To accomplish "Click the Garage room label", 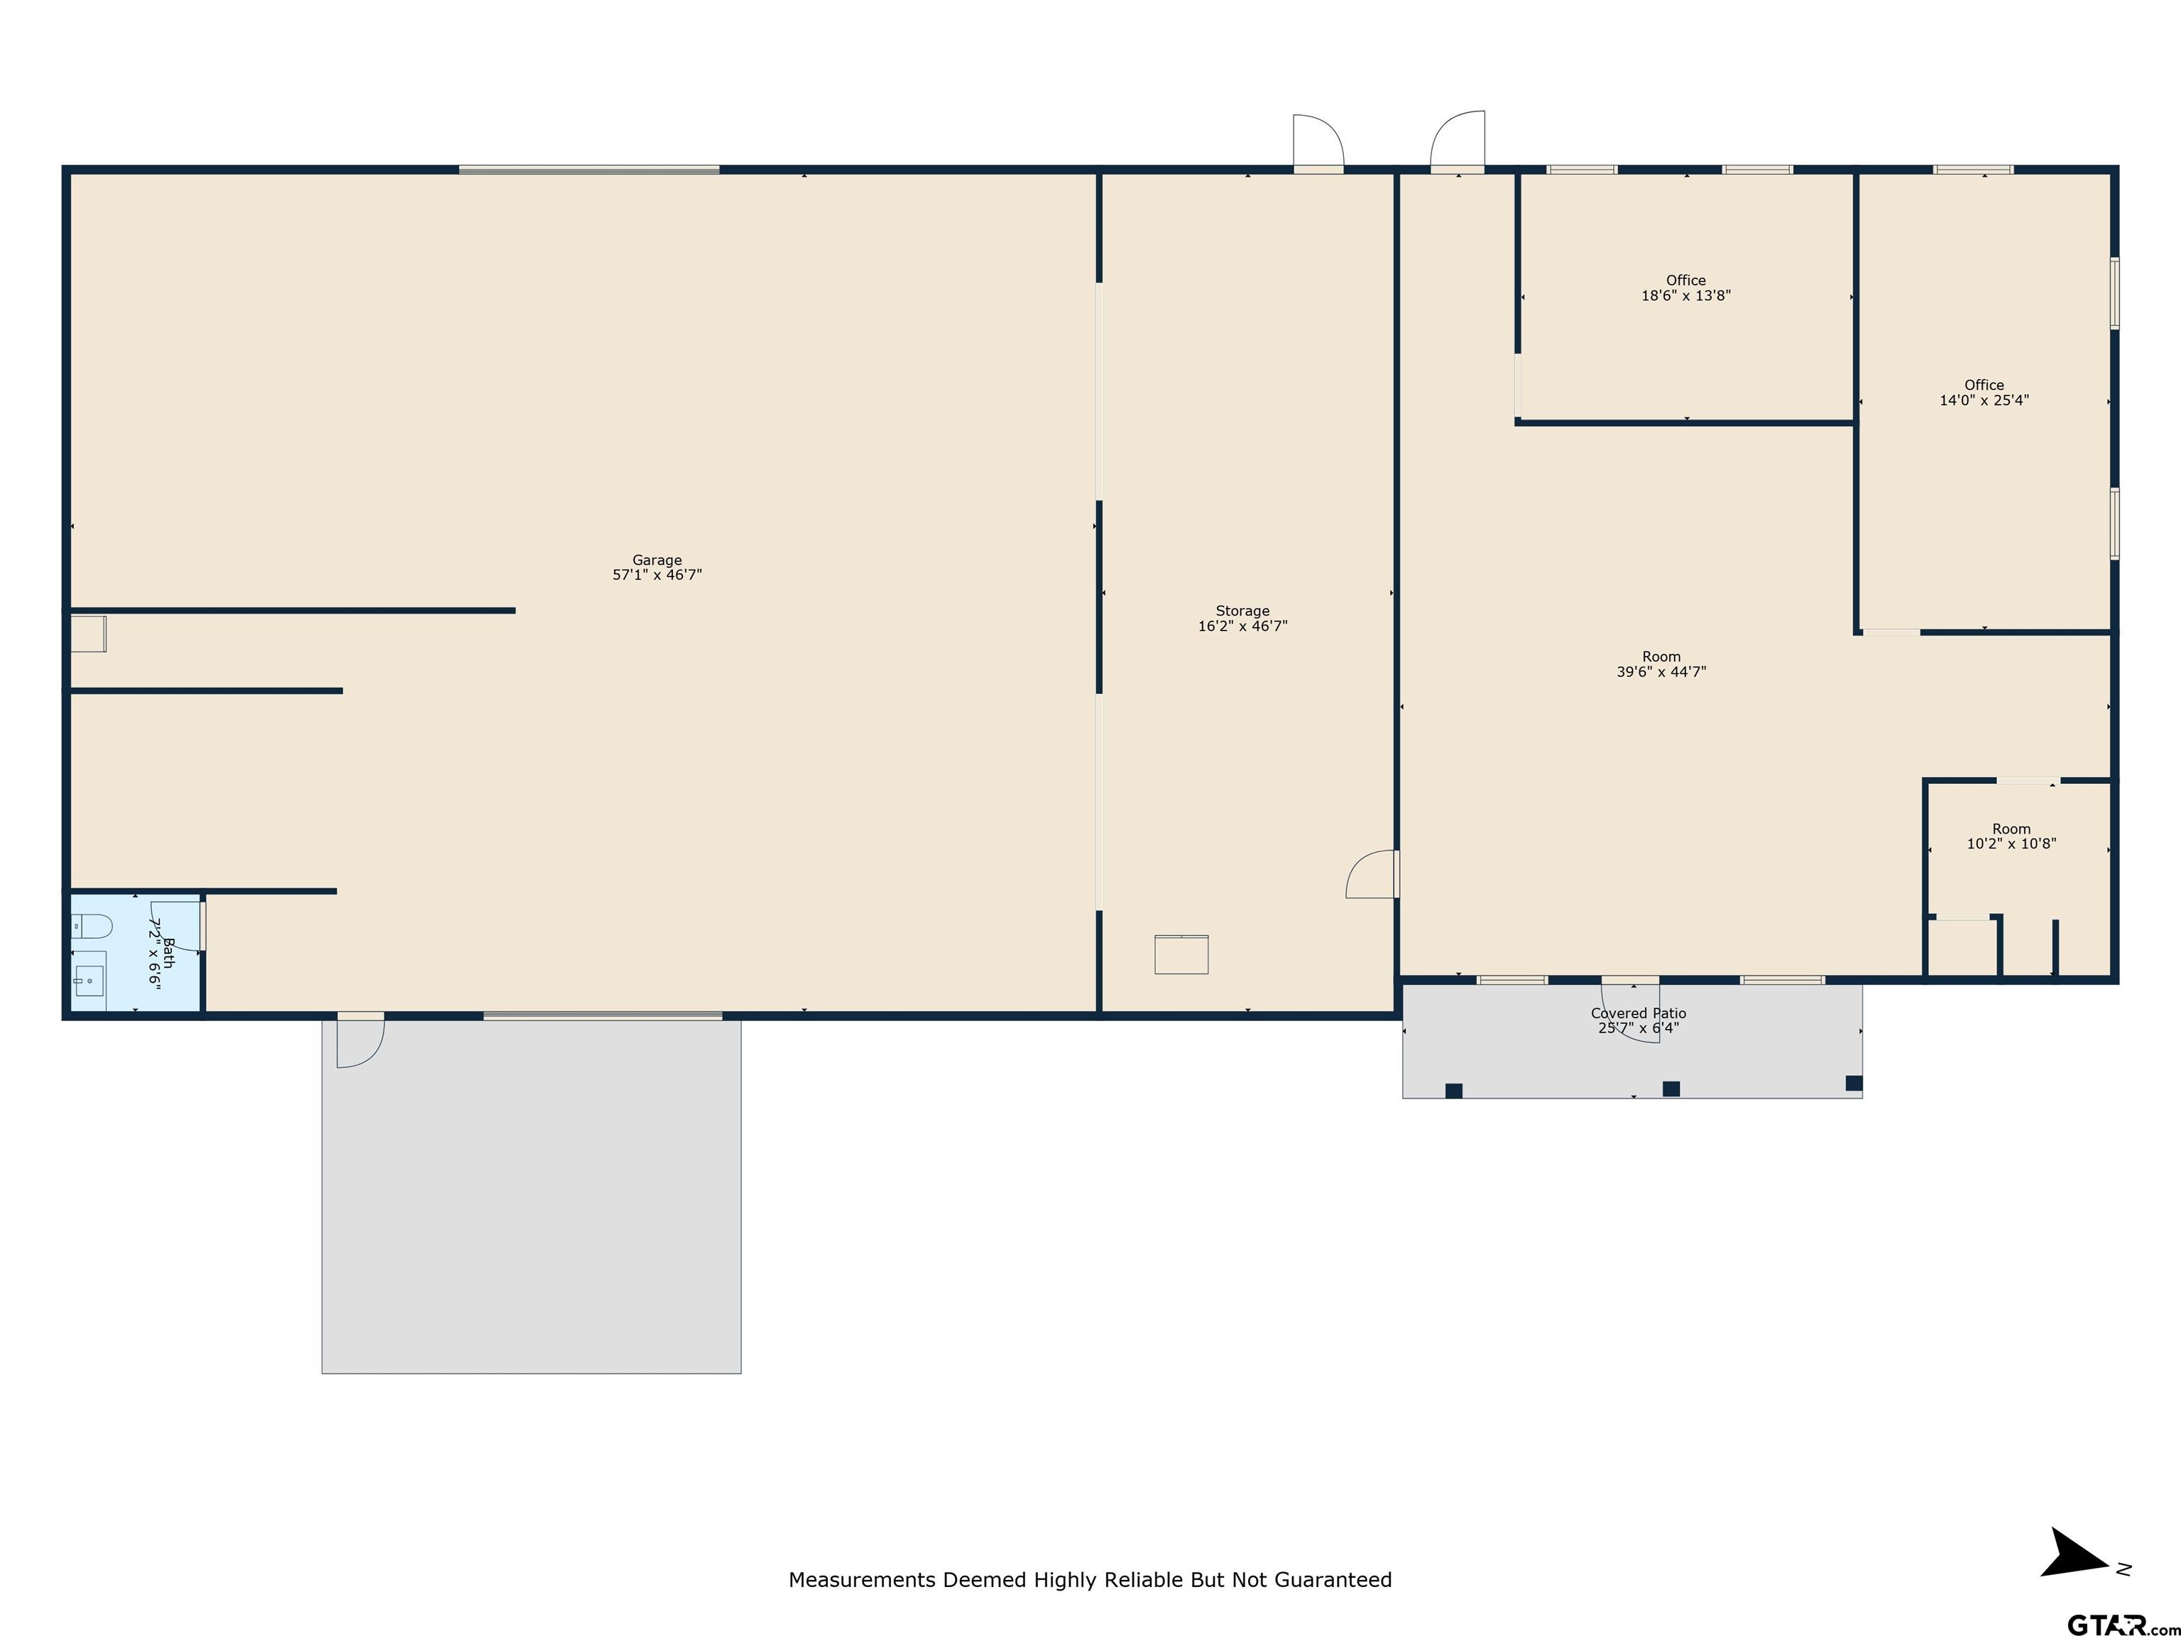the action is tap(657, 567).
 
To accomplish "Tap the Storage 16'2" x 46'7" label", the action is tap(1242, 618).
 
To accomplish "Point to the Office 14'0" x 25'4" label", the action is tap(1984, 393).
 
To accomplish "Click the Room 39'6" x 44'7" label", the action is tap(1661, 664).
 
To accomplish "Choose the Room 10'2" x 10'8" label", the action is tap(2011, 836).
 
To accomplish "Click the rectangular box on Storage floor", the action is tap(1181, 954).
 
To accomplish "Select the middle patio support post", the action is tap(1671, 1089).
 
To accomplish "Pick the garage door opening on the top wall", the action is tap(589, 170).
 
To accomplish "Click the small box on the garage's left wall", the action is tap(88, 634).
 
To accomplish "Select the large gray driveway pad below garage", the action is tap(532, 1196).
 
